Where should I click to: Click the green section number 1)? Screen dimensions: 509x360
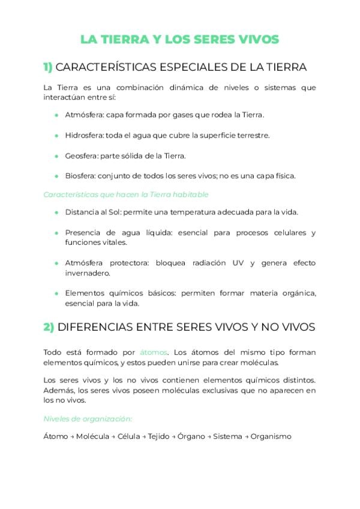tap(48, 67)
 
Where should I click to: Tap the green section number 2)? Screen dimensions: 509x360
tap(49, 327)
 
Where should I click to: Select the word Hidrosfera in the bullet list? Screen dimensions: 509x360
tap(83, 135)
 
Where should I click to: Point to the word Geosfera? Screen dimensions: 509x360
tap(81, 155)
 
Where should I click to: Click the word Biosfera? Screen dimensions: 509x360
tap(80, 176)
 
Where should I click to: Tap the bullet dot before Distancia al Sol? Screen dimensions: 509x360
tap(56, 212)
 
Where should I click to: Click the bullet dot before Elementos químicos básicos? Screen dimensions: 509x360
tap(56, 294)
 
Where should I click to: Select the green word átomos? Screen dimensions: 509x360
tap(154, 352)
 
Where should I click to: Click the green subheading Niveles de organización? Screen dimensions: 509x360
tap(88, 418)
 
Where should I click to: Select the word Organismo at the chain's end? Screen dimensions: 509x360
tap(271, 436)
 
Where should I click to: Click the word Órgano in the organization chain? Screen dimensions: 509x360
tap(192, 436)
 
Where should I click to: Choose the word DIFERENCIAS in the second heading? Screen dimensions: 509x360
tap(97, 327)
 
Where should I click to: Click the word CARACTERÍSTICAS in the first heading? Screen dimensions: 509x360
tap(111, 67)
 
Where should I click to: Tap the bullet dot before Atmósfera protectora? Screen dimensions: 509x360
tap(56, 263)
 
